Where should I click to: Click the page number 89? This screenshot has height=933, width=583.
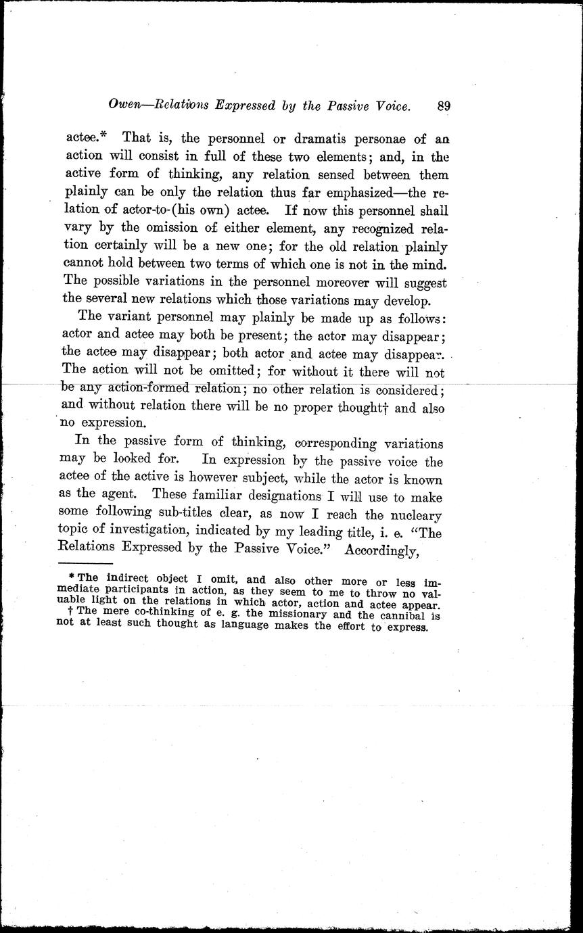point(444,105)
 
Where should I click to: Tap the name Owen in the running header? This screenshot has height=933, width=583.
point(126,106)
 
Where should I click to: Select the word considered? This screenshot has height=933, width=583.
point(403,391)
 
